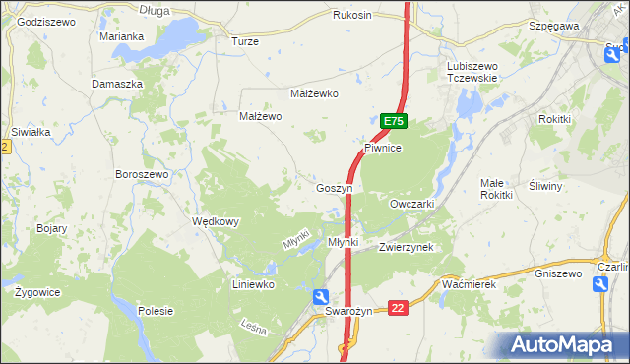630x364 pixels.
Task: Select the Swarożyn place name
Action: coord(349,311)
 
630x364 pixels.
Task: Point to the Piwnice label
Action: coord(382,148)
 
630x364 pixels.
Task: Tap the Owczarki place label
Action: coord(411,203)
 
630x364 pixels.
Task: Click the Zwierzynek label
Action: coord(407,248)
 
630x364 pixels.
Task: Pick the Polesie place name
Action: coord(156,311)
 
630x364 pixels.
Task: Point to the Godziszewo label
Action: coord(46,21)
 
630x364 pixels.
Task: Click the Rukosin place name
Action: coord(352,15)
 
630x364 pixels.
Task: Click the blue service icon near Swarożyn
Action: coord(321,297)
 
